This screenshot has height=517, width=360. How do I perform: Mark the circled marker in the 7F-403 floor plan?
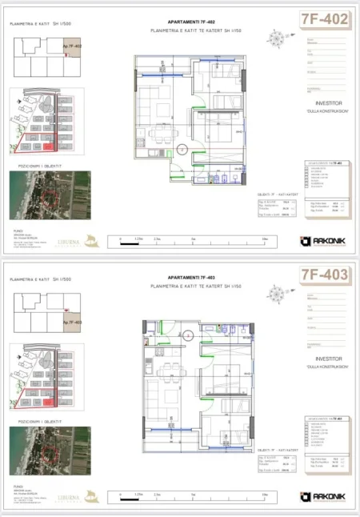(x=187, y=335)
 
